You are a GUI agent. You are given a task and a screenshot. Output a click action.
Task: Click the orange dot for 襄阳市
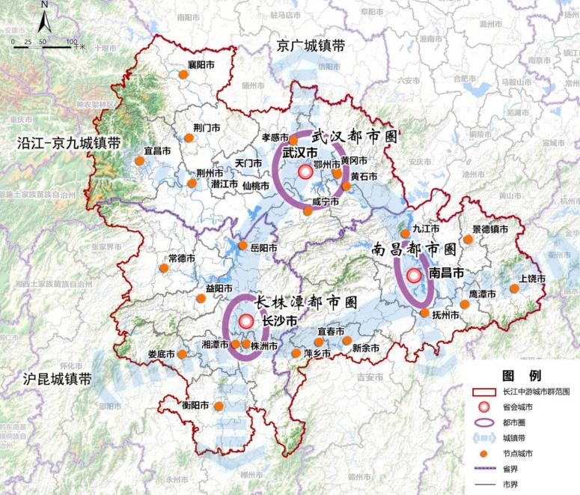183,74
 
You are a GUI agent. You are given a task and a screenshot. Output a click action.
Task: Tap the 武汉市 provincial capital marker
305,172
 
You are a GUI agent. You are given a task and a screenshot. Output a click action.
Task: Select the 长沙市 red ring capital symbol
245,322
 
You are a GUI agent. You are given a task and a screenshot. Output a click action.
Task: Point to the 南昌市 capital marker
414,275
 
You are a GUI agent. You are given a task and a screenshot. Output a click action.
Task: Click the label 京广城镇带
311,46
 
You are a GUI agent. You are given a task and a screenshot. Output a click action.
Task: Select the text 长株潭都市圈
305,301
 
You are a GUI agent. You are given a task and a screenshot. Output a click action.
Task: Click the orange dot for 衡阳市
219,406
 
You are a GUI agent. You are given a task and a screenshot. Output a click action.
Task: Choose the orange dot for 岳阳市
242,246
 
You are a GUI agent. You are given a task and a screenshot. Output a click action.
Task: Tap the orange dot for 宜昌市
139,160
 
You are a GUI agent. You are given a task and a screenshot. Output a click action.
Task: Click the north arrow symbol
44,16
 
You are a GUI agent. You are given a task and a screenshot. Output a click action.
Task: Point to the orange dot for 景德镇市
468,240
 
